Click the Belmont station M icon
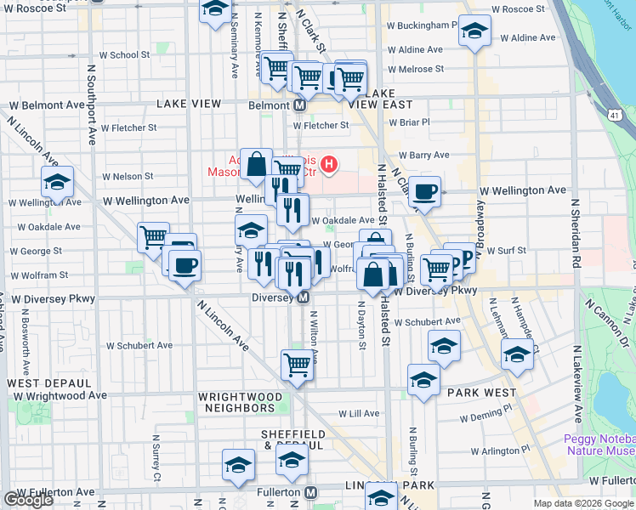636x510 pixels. (300, 106)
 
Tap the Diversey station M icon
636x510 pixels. (302, 298)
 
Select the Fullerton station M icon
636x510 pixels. (311, 492)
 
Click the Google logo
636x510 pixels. (28, 500)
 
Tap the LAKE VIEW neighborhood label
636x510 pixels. (189, 104)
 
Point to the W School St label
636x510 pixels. (124, 55)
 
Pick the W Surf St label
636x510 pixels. (505, 251)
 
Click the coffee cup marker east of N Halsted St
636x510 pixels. (425, 192)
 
